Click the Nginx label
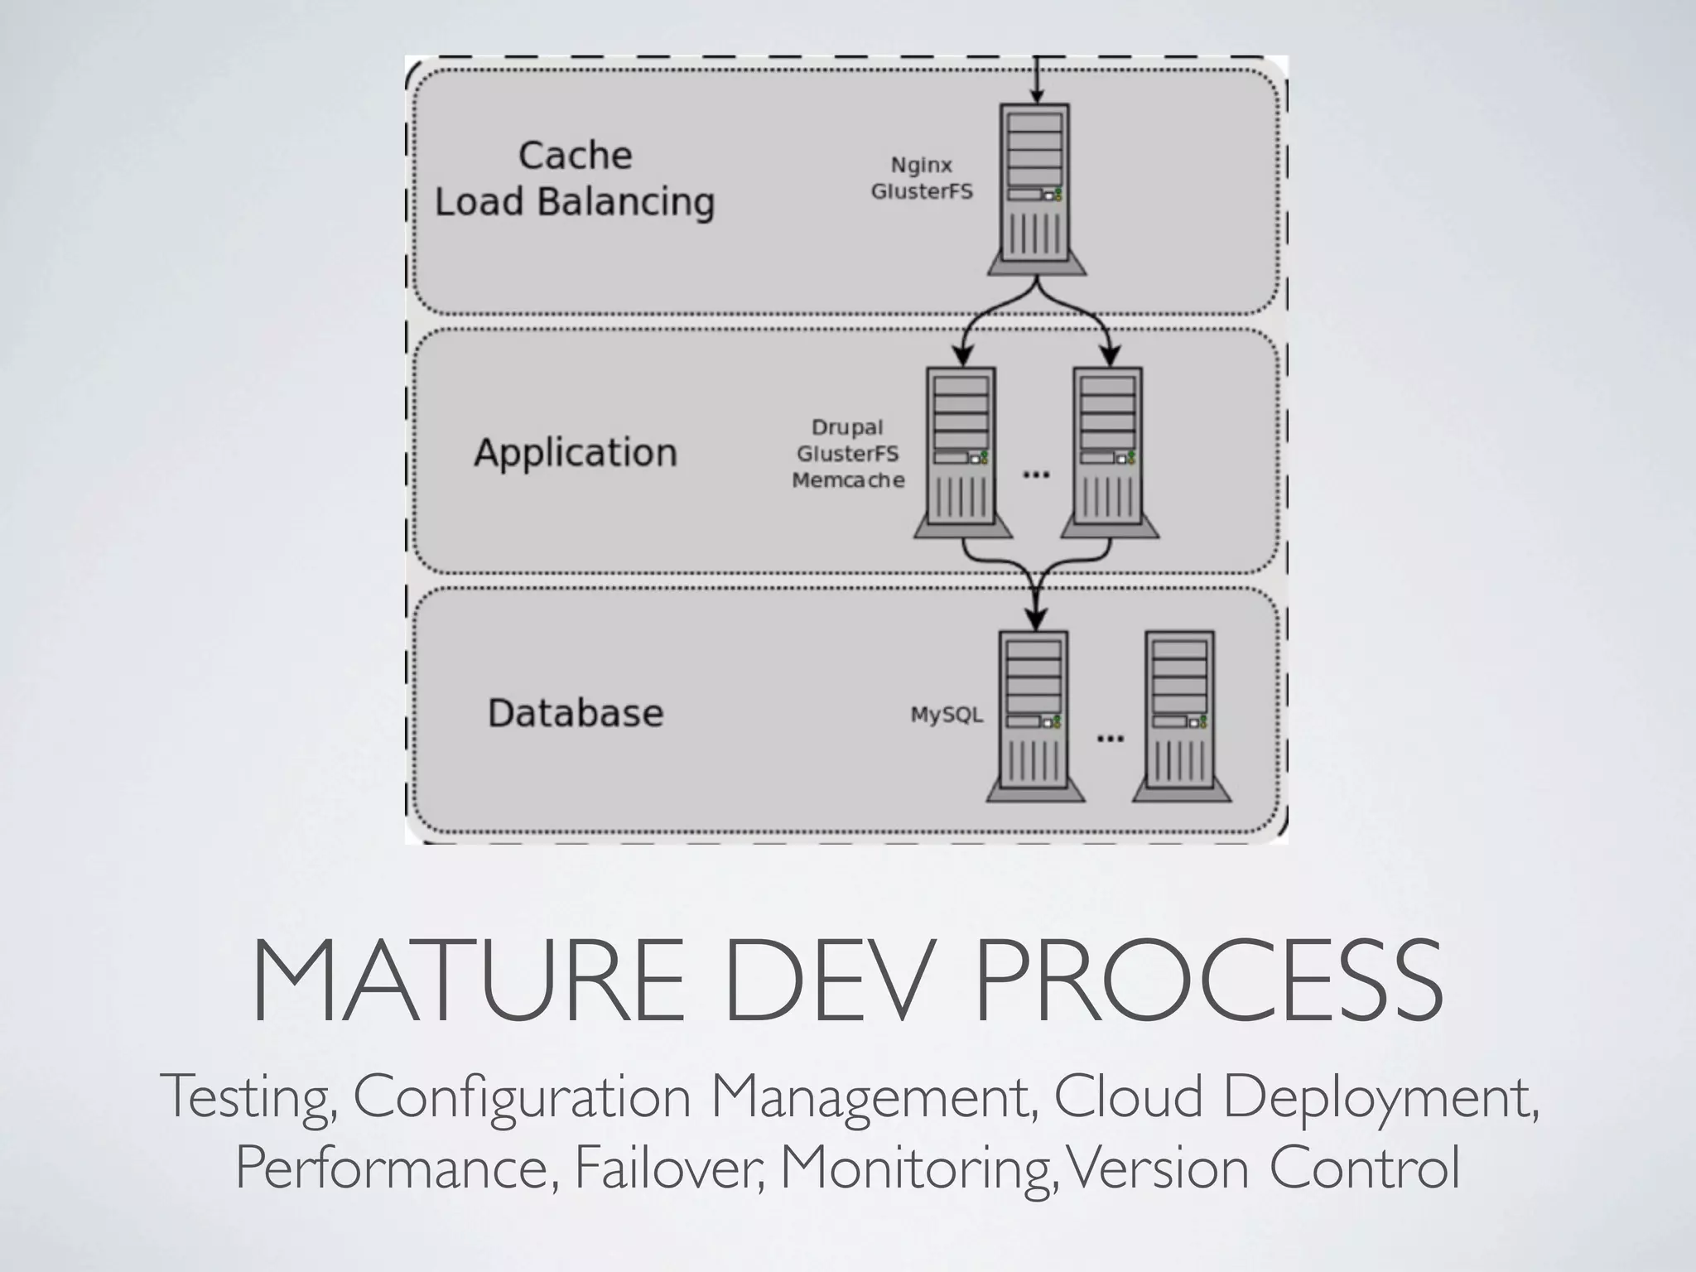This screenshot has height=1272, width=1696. pyautogui.click(x=921, y=165)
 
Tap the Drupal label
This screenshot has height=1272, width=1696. pyautogui.click(x=847, y=427)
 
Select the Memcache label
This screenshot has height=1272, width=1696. pyautogui.click(x=848, y=480)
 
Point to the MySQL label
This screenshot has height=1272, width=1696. pyautogui.click(x=947, y=714)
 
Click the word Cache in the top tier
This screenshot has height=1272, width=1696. pyautogui.click(x=575, y=156)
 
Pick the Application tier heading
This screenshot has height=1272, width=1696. pyautogui.click(x=576, y=452)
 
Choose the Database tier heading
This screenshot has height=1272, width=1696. pyautogui.click(x=576, y=713)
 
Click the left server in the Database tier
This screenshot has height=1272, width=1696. pyautogui.click(x=1034, y=716)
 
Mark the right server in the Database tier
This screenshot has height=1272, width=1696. pyautogui.click(x=1181, y=716)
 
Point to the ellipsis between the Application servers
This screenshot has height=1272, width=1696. pyautogui.click(x=1036, y=475)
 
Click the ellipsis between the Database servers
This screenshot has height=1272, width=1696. pyautogui.click(x=1110, y=738)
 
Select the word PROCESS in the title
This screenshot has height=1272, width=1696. pyautogui.click(x=1209, y=982)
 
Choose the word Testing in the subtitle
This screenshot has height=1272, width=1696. pyautogui.click(x=248, y=1097)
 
